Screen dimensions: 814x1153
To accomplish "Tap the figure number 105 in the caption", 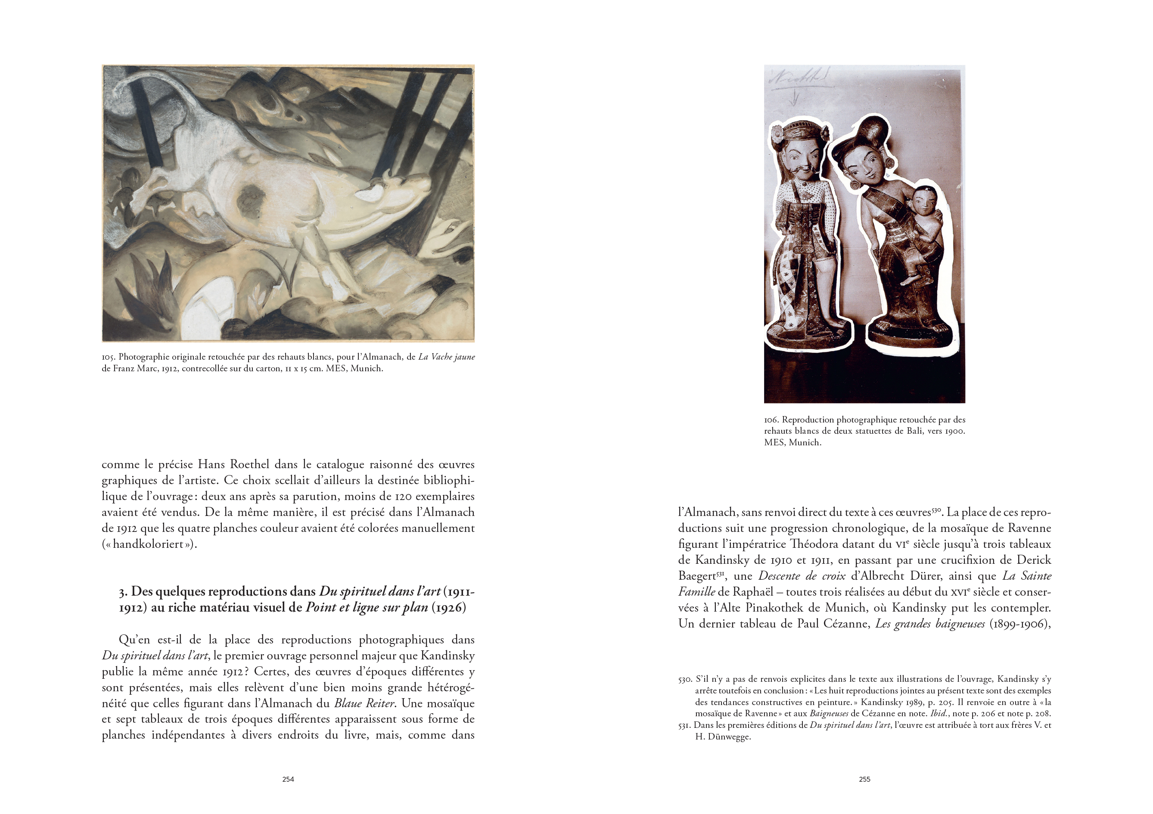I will [x=108, y=357].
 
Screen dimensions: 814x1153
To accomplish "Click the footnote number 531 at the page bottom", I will [x=685, y=726].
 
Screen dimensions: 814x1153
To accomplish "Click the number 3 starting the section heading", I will [x=122, y=592].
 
